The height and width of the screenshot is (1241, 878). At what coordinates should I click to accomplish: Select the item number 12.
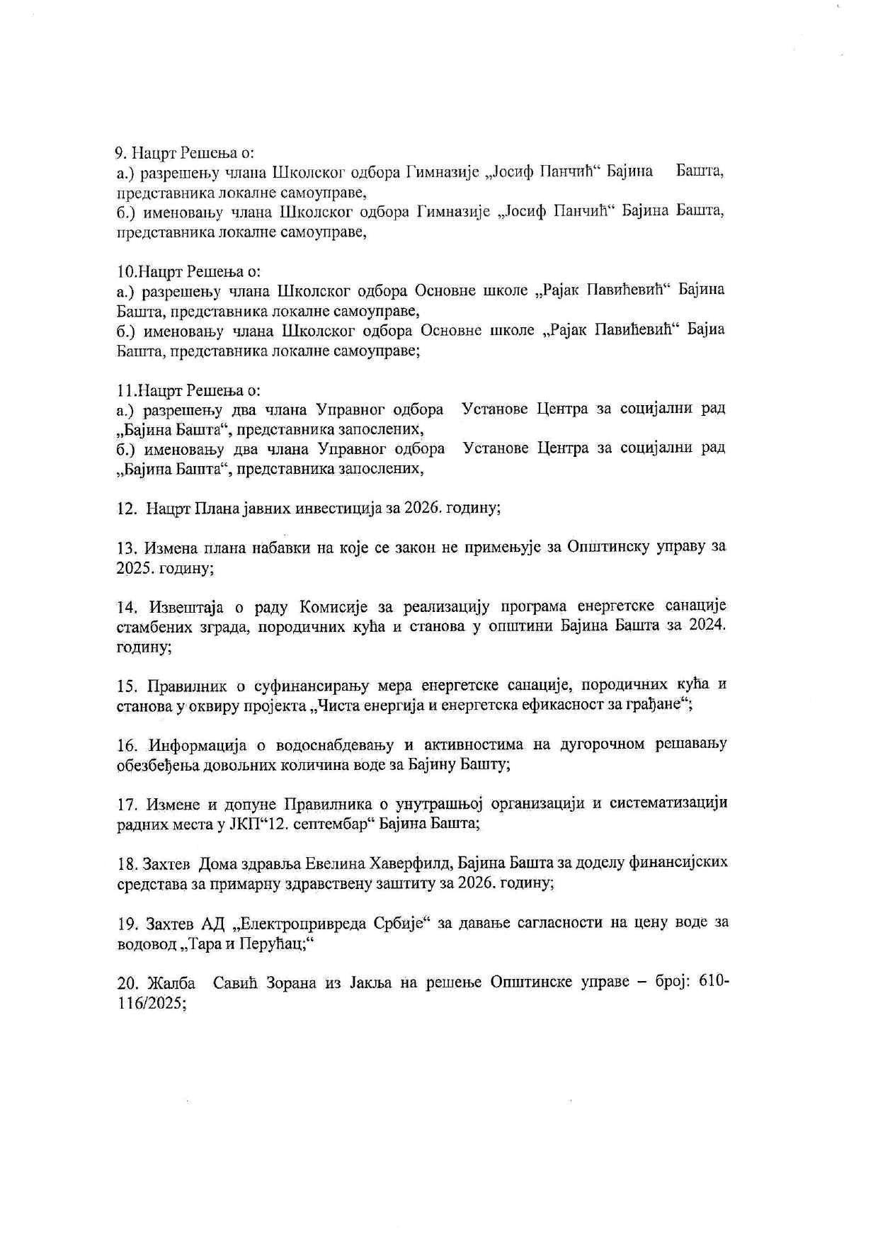point(126,508)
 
